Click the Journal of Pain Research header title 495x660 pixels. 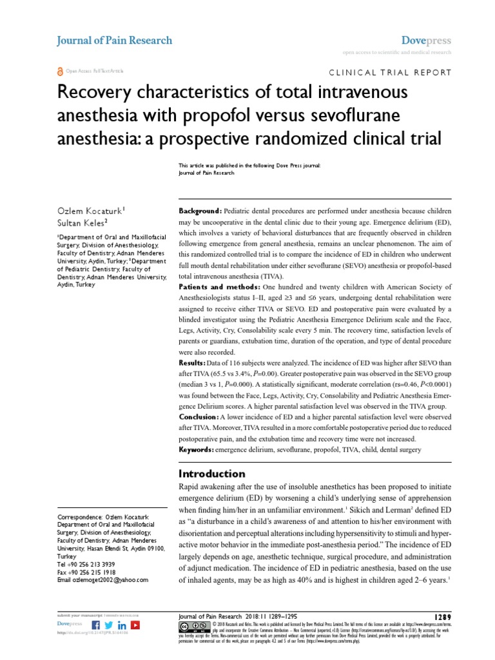point(115,40)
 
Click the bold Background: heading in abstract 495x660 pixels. point(200,211)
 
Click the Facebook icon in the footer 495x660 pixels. point(96,625)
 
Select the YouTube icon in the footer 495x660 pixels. point(135,625)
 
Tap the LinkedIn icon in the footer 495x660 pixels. point(122,625)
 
